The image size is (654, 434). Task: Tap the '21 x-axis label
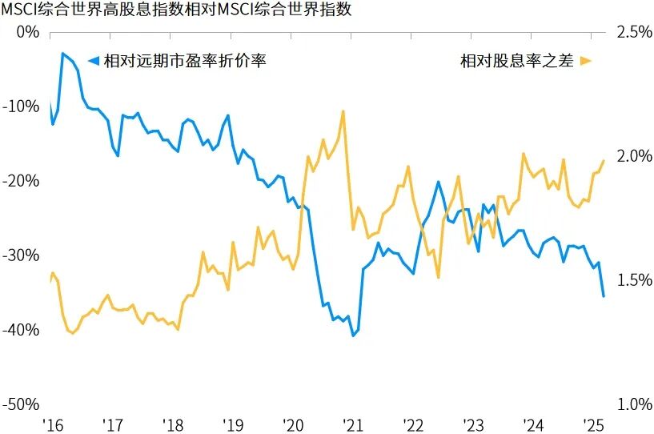coord(353,424)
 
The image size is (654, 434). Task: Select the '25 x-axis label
coord(593,424)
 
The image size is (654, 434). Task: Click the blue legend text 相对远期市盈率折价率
coord(184,62)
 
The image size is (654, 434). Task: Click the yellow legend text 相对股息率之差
coord(516,62)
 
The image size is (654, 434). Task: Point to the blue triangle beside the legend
coord(93,62)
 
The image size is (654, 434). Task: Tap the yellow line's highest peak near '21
coord(343,111)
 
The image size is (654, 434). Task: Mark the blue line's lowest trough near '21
coord(353,336)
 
